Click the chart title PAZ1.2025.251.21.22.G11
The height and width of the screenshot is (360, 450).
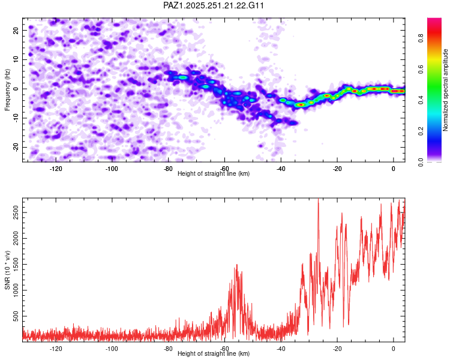[213, 5]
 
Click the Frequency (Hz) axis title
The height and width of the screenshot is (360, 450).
[7, 90]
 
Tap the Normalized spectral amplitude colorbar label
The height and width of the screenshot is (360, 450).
[445, 90]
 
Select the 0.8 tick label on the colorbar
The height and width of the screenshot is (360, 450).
[421, 38]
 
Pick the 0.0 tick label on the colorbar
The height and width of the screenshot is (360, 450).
[421, 162]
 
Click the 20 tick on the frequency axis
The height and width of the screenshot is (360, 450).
[16, 30]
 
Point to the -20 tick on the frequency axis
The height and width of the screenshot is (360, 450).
[16, 147]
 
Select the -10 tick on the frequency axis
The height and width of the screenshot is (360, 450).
[16, 118]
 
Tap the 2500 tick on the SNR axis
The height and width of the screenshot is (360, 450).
[16, 213]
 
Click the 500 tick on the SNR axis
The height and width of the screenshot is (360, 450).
[16, 316]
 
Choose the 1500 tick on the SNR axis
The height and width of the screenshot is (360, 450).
[16, 265]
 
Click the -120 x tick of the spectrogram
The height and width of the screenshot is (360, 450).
[56, 169]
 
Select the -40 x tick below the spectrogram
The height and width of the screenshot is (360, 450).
[281, 169]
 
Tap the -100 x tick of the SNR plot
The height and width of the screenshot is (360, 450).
[112, 349]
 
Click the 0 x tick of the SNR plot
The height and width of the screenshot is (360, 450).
[394, 349]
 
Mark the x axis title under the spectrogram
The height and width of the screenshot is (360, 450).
[214, 173]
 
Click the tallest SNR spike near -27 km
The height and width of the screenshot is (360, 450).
[318, 199]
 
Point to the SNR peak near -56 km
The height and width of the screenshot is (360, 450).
[237, 265]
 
